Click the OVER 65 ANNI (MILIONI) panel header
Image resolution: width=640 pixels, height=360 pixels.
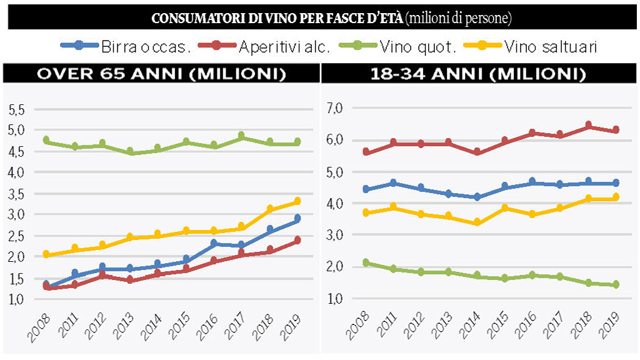pyautogui.click(x=162, y=74)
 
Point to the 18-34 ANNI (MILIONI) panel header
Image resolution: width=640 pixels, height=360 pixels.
pyautogui.click(x=478, y=74)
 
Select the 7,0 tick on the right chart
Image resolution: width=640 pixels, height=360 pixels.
pyautogui.click(x=336, y=109)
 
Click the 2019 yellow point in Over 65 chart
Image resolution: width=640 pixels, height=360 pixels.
pyautogui.click(x=297, y=201)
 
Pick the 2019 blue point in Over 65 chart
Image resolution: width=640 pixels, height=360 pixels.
pyautogui.click(x=297, y=219)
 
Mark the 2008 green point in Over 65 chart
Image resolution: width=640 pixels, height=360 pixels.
pyautogui.click(x=46, y=141)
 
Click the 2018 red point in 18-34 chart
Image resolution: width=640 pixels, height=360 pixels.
pyautogui.click(x=587, y=126)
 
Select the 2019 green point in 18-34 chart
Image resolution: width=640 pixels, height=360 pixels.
pyautogui.click(x=616, y=284)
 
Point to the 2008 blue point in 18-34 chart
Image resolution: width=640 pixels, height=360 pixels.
pyautogui.click(x=366, y=189)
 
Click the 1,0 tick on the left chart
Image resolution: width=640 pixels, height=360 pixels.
pyautogui.click(x=16, y=299)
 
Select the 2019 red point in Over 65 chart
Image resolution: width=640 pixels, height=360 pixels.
pyautogui.click(x=297, y=240)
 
